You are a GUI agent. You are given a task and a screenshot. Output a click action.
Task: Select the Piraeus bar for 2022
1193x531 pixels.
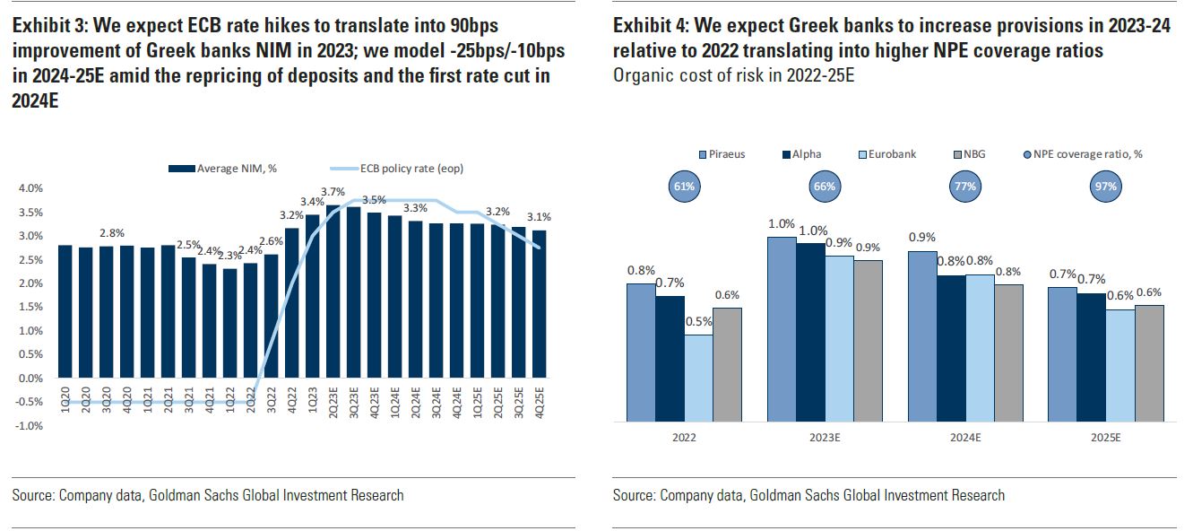[641, 353]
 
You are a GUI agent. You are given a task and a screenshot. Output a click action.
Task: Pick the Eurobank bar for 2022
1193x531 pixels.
[698, 378]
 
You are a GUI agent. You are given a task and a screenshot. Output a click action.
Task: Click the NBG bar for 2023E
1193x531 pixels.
[868, 341]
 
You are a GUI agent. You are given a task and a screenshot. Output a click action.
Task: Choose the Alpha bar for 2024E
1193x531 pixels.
[952, 348]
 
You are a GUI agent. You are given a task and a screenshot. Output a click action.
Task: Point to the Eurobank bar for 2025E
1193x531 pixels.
[1120, 365]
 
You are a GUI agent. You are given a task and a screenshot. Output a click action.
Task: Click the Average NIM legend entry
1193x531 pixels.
[229, 169]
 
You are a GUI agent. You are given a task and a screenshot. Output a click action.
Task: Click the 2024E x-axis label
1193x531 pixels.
[966, 437]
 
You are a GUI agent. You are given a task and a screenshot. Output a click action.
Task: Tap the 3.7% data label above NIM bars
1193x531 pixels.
[333, 192]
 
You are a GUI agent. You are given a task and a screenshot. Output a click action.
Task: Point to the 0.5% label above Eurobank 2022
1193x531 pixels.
[698, 322]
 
